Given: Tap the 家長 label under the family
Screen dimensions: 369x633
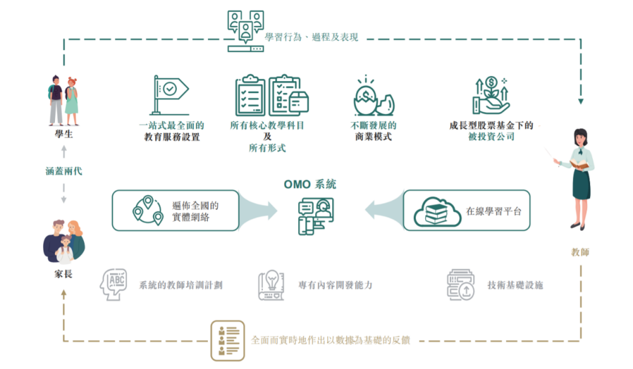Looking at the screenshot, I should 63,275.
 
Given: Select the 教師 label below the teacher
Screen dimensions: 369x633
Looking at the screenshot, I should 579,253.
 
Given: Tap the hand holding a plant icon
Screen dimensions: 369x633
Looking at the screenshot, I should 491,95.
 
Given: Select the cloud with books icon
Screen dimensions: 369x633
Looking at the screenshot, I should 437,210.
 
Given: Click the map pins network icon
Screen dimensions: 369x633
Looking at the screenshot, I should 147,210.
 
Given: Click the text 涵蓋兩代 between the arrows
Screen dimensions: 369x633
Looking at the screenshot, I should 63,171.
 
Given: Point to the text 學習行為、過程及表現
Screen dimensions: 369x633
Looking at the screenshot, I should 312,37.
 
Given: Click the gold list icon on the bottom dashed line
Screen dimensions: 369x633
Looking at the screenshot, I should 227,341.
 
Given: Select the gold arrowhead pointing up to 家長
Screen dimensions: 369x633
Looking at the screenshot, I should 63,310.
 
